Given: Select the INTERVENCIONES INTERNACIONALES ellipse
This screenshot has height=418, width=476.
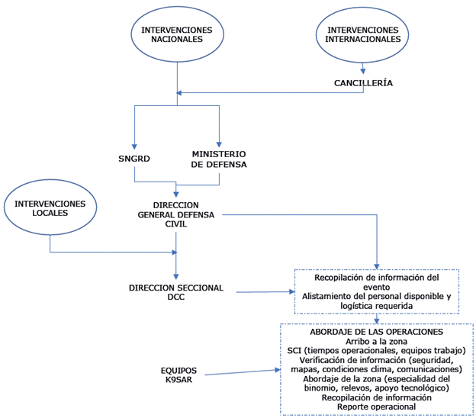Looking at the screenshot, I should tap(362, 34).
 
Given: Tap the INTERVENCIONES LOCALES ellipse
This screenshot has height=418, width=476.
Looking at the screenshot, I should tap(50, 207).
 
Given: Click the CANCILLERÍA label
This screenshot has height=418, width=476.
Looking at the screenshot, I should tap(363, 82).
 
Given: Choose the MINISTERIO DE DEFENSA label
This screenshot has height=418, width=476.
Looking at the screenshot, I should tap(219, 159).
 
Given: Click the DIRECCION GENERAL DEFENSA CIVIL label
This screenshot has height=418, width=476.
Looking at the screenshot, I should tap(176, 215).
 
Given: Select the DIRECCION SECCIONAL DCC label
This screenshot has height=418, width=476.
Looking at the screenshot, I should tap(176, 291).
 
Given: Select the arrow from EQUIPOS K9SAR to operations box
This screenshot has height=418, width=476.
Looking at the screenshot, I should tap(240, 372).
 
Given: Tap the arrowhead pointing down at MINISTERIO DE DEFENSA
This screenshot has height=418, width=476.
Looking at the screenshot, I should tap(219, 145).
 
